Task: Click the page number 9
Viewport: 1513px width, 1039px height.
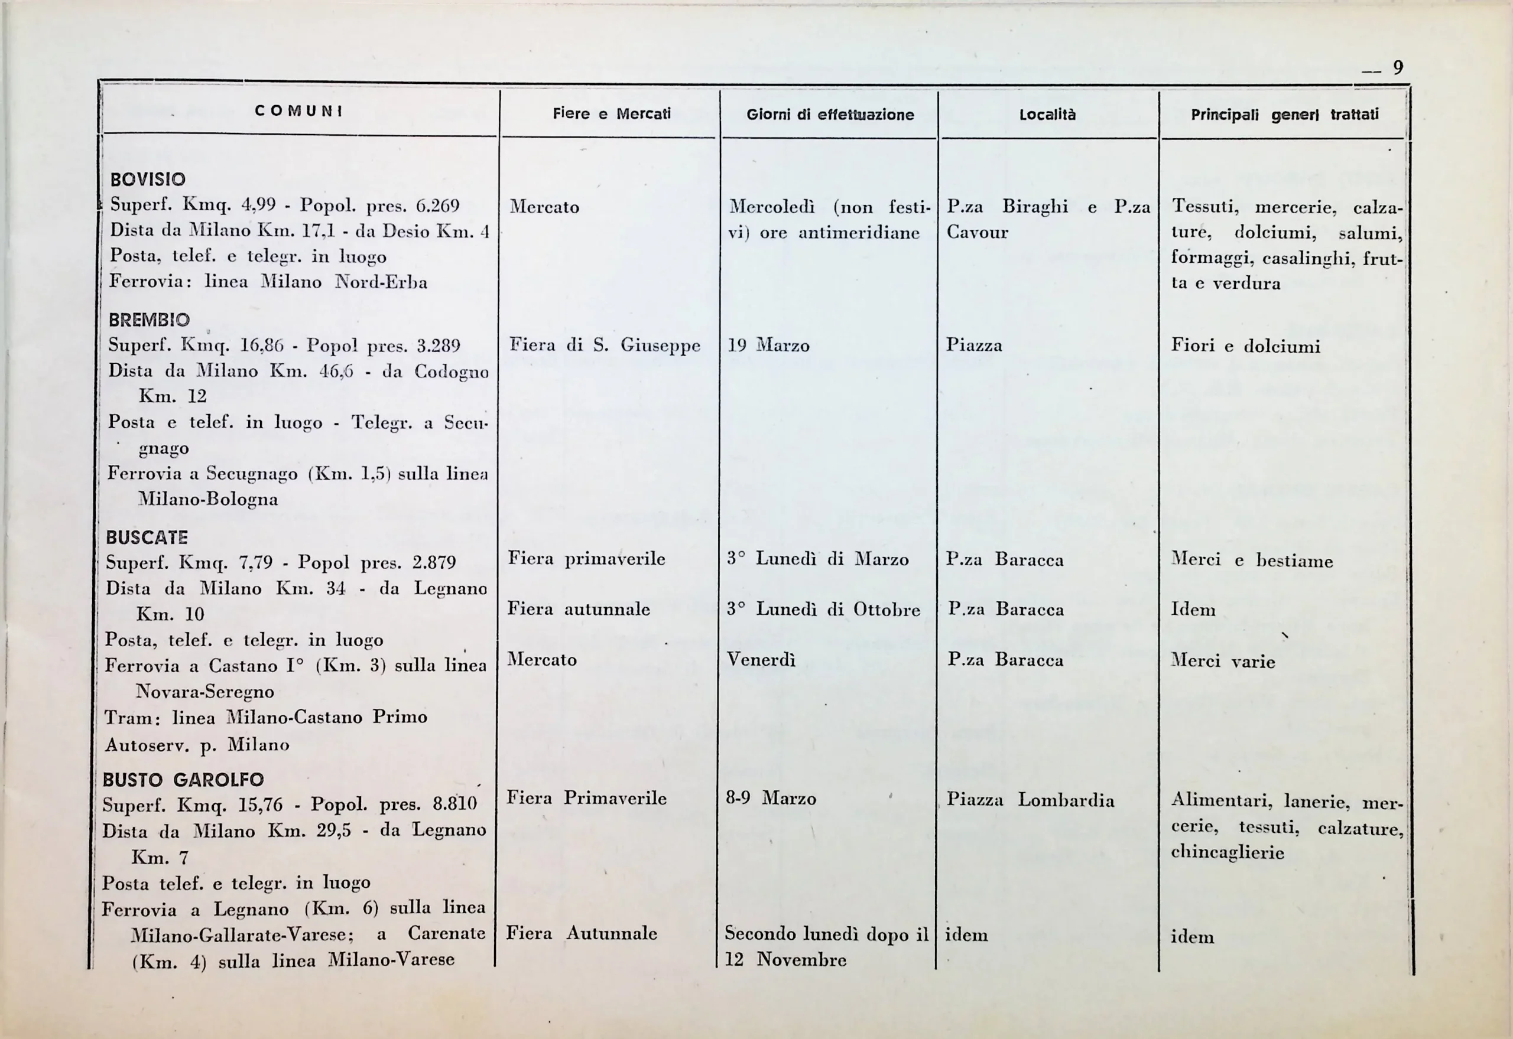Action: point(1398,68)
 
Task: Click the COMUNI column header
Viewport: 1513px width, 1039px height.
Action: point(299,111)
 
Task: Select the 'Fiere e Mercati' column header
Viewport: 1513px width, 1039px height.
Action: point(612,114)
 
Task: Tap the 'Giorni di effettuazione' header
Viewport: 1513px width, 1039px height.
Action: point(830,115)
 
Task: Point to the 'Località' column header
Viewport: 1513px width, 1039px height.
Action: point(1047,115)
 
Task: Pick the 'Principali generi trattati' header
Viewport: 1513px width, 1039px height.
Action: point(1284,115)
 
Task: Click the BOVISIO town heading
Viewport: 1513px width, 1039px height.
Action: point(148,180)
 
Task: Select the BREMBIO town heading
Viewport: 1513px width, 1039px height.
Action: point(149,320)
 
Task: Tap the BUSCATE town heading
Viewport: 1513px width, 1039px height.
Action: point(147,538)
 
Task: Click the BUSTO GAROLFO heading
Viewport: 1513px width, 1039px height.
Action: point(183,780)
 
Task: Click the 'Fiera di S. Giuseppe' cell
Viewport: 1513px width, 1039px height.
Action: point(605,345)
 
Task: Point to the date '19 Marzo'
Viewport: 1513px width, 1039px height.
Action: point(768,346)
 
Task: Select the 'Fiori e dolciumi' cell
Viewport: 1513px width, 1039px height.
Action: point(1245,346)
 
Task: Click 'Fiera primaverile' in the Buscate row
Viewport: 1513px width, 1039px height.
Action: point(586,559)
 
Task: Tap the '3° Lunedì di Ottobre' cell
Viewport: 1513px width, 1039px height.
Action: point(823,610)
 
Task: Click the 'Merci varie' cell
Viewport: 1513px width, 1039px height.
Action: point(1222,662)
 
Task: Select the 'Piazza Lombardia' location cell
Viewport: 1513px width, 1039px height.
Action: point(1030,800)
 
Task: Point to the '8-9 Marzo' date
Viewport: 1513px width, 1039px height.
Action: point(771,799)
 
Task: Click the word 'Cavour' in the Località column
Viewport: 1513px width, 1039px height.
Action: point(977,232)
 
